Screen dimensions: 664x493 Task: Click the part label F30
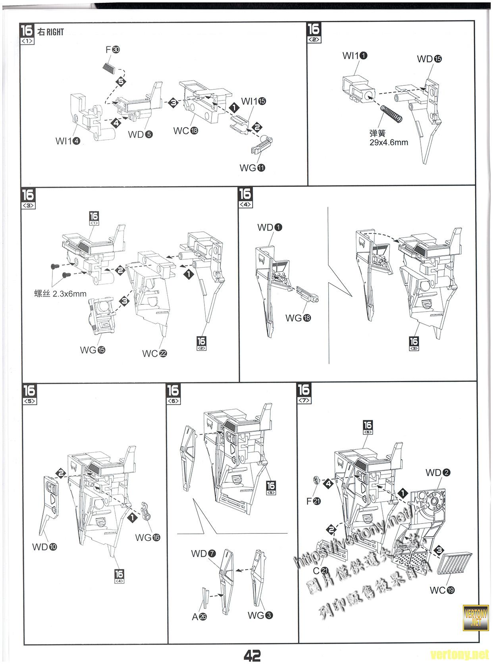click(x=113, y=50)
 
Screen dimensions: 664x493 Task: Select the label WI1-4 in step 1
click(x=68, y=140)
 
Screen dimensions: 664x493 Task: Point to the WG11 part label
click(x=252, y=168)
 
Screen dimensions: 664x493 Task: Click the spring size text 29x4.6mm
click(x=389, y=142)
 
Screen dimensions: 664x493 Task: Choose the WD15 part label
click(x=429, y=59)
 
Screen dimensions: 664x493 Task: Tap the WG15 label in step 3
click(x=92, y=350)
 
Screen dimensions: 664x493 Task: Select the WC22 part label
click(x=154, y=353)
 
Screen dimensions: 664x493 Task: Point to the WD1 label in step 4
click(x=270, y=227)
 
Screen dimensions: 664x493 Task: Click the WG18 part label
click(x=298, y=318)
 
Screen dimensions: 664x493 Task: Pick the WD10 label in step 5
click(x=44, y=547)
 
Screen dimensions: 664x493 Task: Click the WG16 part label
click(x=148, y=537)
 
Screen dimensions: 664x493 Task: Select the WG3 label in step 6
click(x=260, y=615)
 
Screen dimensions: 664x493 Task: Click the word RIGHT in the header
click(x=55, y=32)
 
